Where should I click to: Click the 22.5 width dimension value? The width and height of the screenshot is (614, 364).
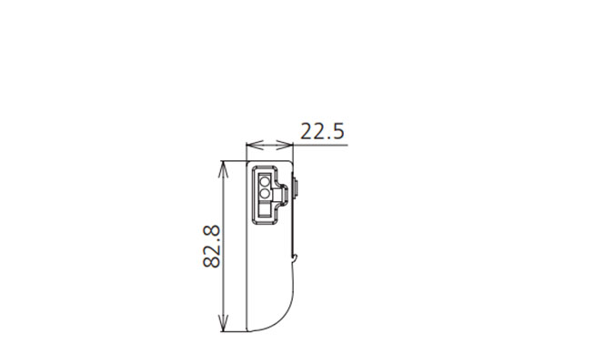[323, 132]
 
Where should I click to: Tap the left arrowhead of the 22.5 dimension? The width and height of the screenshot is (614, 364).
[252, 144]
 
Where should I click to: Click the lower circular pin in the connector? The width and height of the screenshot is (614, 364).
[265, 193]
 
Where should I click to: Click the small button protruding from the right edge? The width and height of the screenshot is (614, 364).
[299, 190]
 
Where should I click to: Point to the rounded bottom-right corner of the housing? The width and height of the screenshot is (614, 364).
[286, 318]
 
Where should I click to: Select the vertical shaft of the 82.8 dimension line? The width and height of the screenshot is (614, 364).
[224, 273]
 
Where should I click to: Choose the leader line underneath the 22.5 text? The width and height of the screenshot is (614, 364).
[318, 144]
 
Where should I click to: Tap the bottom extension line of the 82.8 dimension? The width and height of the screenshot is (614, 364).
[234, 330]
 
